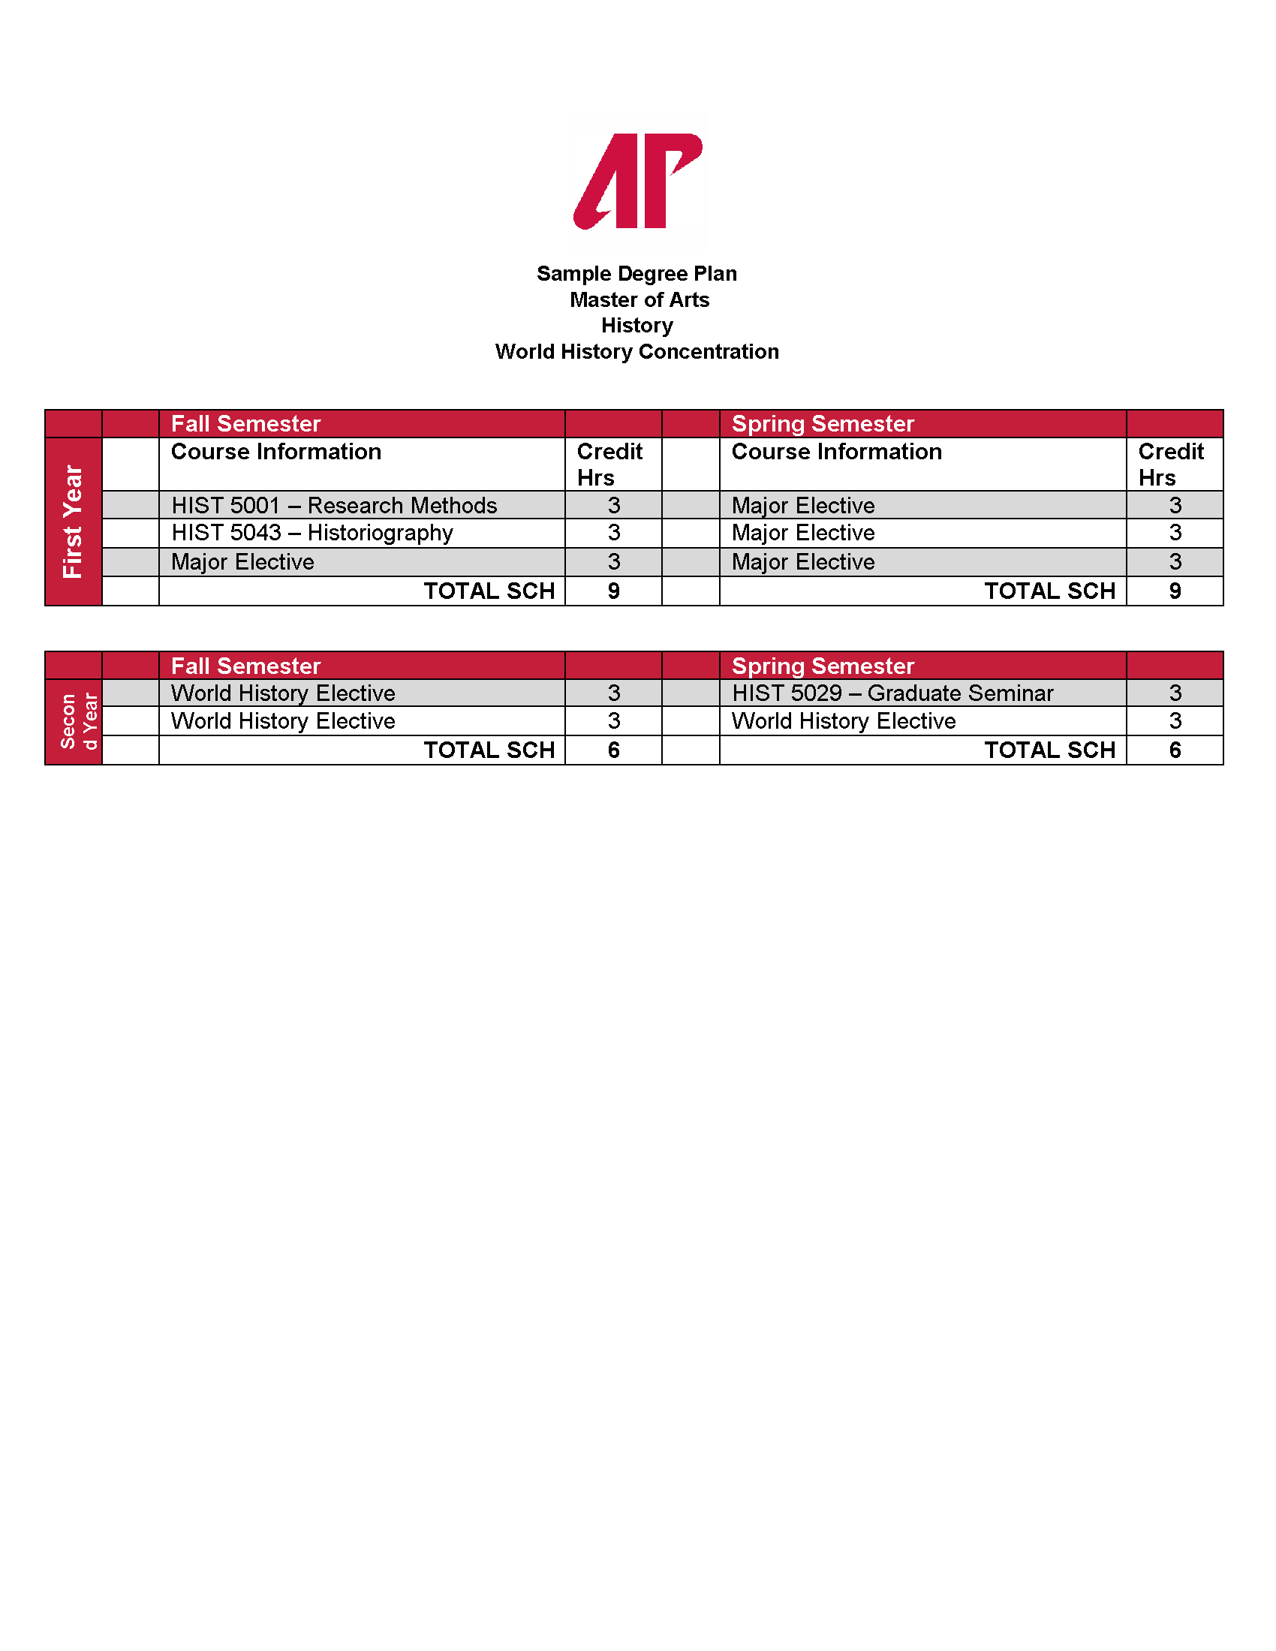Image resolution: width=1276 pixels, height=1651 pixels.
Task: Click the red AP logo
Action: pyautogui.click(x=637, y=182)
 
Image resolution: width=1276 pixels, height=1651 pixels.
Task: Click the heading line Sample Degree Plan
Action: pyautogui.click(x=636, y=274)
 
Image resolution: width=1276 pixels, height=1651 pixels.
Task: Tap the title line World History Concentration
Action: pyautogui.click(x=636, y=351)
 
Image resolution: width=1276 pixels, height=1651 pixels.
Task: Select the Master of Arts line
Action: pyautogui.click(x=639, y=300)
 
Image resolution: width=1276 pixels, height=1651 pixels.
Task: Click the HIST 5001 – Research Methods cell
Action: pyautogui.click(x=334, y=505)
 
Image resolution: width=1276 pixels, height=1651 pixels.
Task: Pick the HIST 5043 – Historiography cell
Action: pyautogui.click(x=312, y=533)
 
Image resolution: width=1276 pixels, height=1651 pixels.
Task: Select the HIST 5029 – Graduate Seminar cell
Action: pyautogui.click(x=892, y=693)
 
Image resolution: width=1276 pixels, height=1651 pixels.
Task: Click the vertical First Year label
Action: pyautogui.click(x=74, y=522)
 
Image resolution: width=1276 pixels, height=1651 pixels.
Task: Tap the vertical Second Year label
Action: pyautogui.click(x=78, y=722)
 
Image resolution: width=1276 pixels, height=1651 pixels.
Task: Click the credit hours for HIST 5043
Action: pyautogui.click(x=614, y=533)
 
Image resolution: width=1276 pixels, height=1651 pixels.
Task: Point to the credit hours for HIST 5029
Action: pyautogui.click(x=1175, y=693)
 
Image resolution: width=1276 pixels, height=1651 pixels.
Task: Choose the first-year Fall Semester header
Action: pyautogui.click(x=245, y=424)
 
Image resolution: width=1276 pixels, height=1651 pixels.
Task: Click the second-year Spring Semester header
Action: pyautogui.click(x=823, y=666)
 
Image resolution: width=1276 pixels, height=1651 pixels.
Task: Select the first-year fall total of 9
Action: pyautogui.click(x=614, y=591)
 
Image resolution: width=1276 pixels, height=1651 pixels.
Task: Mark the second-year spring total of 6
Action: pyautogui.click(x=1175, y=750)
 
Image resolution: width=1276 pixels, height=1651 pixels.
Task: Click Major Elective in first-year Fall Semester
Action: pyautogui.click(x=242, y=562)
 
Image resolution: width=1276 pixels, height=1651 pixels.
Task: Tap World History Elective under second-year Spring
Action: pyautogui.click(x=844, y=721)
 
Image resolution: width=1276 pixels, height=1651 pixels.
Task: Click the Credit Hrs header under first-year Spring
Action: pyautogui.click(x=1170, y=464)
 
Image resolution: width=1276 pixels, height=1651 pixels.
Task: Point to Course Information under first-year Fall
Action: pyautogui.click(x=276, y=452)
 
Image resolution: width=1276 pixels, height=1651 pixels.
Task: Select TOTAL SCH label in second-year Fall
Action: pyautogui.click(x=489, y=750)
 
